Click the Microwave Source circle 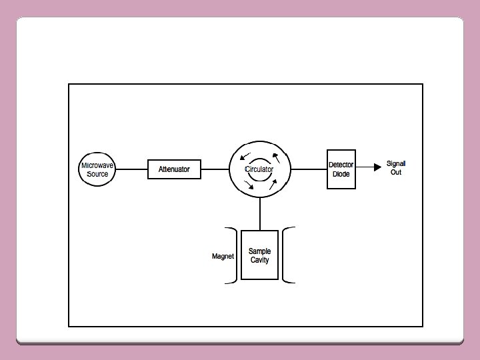(97, 169)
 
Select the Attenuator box (174, 169)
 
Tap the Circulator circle (260, 169)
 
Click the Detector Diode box (341, 169)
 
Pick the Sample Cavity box (259, 255)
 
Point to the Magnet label (223, 256)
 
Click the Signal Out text (396, 168)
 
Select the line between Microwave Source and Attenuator (131, 169)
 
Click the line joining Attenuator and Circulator (215, 169)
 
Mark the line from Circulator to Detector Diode (309, 169)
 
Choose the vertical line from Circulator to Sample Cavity (260, 215)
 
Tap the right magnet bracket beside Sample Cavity (286, 256)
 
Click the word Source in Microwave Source (97, 174)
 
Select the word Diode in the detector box (341, 174)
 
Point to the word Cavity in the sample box (259, 260)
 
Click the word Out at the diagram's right (396, 173)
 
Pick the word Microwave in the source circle (97, 165)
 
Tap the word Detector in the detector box (341, 165)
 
